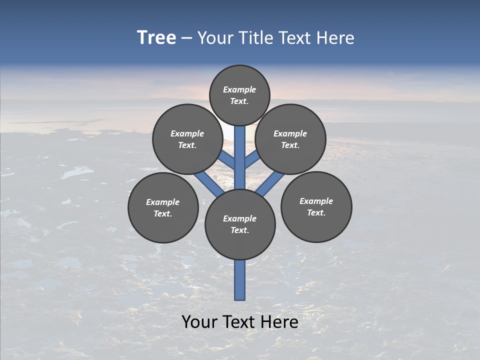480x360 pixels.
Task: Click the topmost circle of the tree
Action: click(x=239, y=95)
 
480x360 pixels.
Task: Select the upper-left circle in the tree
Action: click(x=187, y=139)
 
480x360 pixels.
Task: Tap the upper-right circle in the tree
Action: click(x=290, y=139)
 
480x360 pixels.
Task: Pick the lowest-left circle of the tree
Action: click(x=163, y=207)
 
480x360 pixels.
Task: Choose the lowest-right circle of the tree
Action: click(x=316, y=206)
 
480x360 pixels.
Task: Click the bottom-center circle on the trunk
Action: click(x=240, y=224)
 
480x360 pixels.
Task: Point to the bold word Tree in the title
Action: click(x=156, y=37)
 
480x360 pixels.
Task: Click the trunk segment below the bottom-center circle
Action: click(x=240, y=280)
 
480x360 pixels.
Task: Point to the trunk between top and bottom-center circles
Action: click(x=240, y=157)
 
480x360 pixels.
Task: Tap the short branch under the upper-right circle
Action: click(x=252, y=160)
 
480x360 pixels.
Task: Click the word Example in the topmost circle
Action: click(x=239, y=89)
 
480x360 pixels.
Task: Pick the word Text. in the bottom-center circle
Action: click(x=239, y=230)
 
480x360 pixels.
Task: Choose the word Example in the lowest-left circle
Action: click(x=162, y=202)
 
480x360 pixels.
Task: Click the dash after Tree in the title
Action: click(x=186, y=38)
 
